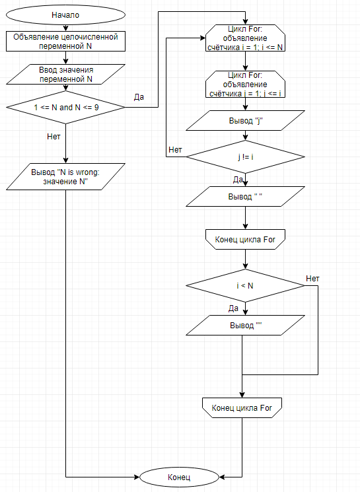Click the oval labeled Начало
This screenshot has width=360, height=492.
[65, 15]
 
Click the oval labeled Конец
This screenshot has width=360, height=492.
[178, 476]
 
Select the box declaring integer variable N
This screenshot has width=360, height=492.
[65, 42]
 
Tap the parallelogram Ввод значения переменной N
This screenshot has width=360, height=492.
[65, 74]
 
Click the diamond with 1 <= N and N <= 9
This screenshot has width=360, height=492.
[65, 106]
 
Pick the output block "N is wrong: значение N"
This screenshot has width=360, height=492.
[65, 177]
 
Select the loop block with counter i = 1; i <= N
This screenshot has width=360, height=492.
[245, 38]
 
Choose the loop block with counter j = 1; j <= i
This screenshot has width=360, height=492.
[245, 85]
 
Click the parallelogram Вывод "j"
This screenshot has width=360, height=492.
[245, 122]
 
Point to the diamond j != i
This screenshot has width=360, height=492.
[245, 158]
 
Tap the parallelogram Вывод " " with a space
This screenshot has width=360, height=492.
[245, 196]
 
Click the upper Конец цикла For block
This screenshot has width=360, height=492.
[245, 239]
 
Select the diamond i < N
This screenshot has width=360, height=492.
[245, 286]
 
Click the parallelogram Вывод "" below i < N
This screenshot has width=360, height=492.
[245, 325]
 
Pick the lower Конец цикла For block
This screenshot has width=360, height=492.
[242, 408]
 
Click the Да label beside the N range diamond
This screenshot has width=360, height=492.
[139, 97]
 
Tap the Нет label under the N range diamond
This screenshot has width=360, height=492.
[55, 137]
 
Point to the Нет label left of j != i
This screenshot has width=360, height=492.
[175, 150]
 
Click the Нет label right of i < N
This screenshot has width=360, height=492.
[312, 279]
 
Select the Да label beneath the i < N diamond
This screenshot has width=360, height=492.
[233, 308]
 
